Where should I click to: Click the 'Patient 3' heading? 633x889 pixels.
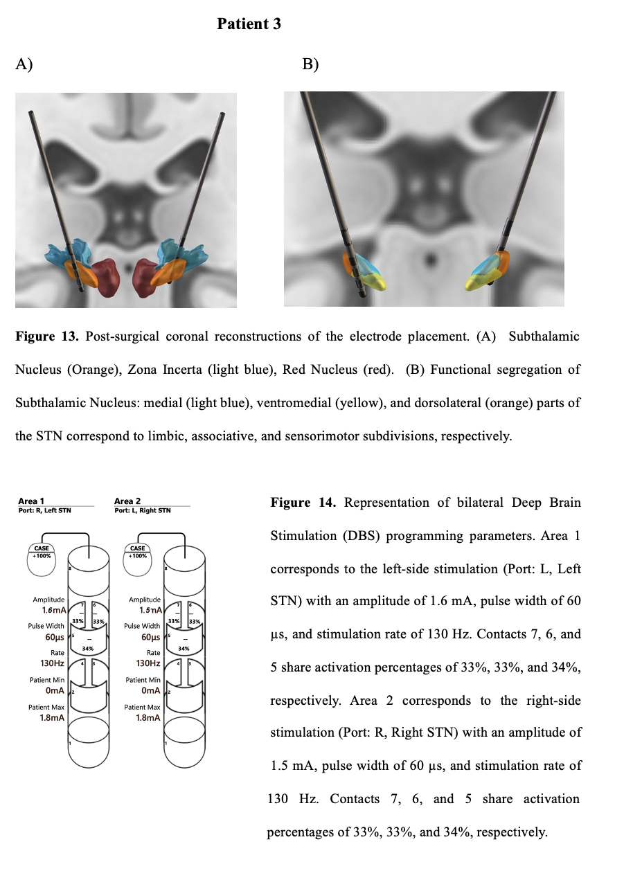click(249, 24)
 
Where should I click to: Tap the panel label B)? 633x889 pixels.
click(310, 64)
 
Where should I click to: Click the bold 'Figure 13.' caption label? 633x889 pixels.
click(45, 336)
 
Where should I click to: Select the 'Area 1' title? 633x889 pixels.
click(28, 501)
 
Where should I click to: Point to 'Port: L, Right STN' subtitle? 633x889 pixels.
click(142, 510)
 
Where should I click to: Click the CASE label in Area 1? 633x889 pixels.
click(42, 548)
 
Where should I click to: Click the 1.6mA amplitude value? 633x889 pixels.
click(53, 611)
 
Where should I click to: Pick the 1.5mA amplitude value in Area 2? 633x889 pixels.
click(150, 611)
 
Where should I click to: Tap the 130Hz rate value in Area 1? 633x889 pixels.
click(53, 663)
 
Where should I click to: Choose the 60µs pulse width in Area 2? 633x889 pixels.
click(150, 637)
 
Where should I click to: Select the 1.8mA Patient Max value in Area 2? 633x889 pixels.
click(149, 717)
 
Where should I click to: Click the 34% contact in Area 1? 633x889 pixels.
click(88, 648)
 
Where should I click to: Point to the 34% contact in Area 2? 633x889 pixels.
click(184, 648)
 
